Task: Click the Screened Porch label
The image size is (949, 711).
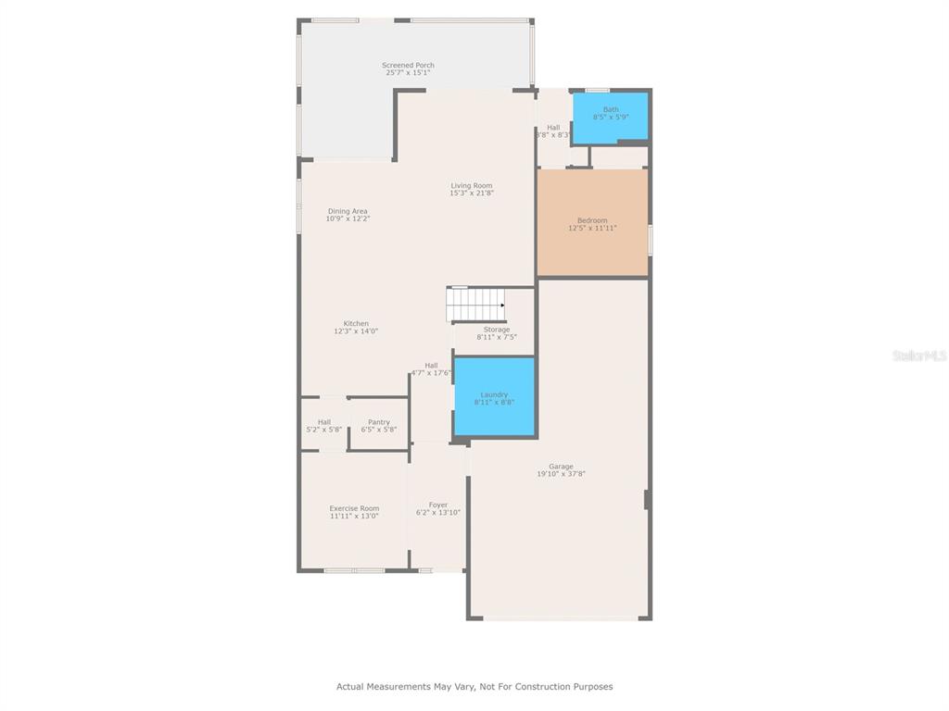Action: tap(408, 66)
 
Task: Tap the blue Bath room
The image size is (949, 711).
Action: tap(610, 118)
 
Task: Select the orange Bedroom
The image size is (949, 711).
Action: tap(592, 222)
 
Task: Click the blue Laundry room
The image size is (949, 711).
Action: tap(495, 396)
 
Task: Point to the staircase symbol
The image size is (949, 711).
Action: tap(475, 305)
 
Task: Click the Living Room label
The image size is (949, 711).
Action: tap(472, 185)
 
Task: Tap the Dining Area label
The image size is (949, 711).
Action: tap(348, 211)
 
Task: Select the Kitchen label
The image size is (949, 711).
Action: tap(356, 323)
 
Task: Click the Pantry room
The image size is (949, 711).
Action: tap(379, 424)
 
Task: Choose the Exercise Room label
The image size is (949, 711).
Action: tap(354, 508)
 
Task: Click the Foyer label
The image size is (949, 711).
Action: tap(438, 505)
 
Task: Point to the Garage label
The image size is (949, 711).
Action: tap(561, 467)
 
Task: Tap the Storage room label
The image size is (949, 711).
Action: tap(497, 330)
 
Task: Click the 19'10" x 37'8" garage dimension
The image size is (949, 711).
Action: tap(561, 474)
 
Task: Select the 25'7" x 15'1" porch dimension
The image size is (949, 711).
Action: tap(408, 72)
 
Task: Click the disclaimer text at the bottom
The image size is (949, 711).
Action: tap(474, 686)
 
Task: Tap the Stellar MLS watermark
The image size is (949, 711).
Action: tap(920, 355)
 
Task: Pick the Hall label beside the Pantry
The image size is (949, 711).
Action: tap(324, 422)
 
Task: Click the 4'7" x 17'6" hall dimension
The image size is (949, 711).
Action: tap(431, 373)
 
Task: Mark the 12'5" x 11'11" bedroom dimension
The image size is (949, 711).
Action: tap(592, 228)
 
